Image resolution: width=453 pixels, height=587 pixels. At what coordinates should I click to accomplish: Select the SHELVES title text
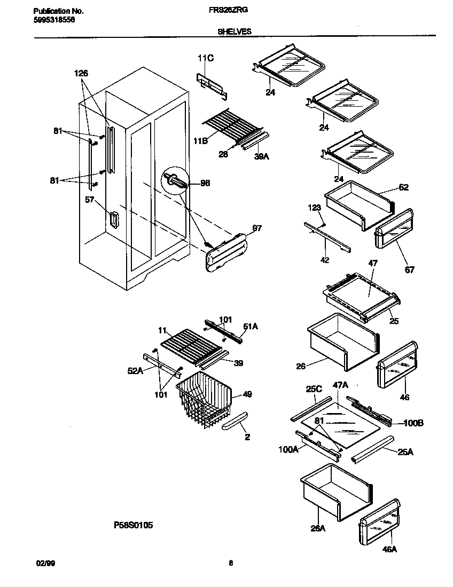point(234,31)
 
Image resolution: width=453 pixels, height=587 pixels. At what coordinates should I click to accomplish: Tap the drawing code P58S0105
point(134,525)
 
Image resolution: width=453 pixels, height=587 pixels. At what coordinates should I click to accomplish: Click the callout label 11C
point(207,58)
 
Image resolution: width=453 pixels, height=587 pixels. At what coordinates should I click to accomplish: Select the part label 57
point(90,200)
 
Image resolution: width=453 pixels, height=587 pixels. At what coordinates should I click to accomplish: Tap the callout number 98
point(205,183)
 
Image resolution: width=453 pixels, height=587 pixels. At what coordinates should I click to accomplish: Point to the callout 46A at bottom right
point(390,549)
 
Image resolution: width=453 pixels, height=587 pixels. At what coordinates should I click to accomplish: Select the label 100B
point(413,423)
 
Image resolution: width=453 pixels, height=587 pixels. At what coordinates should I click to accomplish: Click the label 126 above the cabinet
point(81,73)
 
